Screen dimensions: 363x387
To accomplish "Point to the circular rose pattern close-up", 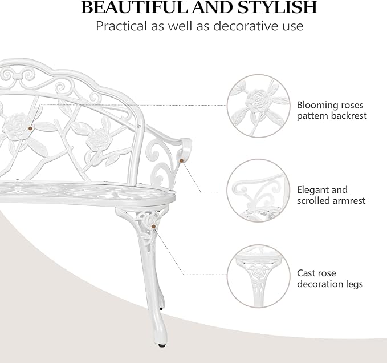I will pyautogui.click(x=255, y=107).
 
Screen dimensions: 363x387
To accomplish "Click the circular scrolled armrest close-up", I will pyautogui.click(x=255, y=190).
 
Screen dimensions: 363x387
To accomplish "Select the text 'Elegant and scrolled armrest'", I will pyautogui.click(x=331, y=195).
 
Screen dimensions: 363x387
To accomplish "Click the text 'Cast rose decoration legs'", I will pyautogui.click(x=330, y=279).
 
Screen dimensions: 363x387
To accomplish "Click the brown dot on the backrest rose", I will pyautogui.click(x=33, y=127).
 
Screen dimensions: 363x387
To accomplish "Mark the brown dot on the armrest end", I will pyautogui.click(x=181, y=161).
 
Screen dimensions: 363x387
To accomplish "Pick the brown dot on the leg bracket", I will pyautogui.click(x=153, y=227).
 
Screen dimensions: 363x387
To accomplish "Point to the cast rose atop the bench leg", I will pyautogui.click(x=150, y=220).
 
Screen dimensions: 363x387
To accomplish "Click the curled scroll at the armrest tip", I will pyautogui.click(x=182, y=152).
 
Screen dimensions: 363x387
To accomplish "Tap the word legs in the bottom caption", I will pyautogui.click(x=352, y=284).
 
